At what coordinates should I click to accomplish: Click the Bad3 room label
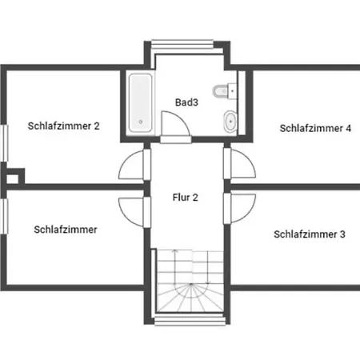click(186, 102)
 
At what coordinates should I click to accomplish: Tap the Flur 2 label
click(186, 198)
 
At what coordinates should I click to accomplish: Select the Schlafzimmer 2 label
click(64, 126)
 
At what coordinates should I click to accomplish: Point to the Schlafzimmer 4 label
click(315, 128)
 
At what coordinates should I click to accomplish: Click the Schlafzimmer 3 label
click(310, 234)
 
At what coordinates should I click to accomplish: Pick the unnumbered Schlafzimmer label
click(66, 230)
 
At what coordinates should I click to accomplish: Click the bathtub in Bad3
click(141, 102)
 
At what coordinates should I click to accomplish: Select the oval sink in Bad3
click(230, 122)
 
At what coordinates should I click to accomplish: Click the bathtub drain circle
click(141, 122)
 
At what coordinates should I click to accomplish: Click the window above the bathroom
click(182, 44)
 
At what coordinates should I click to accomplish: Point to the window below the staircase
click(190, 320)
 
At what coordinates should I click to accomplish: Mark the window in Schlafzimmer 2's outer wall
click(5, 143)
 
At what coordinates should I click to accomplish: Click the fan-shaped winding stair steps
click(190, 298)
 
